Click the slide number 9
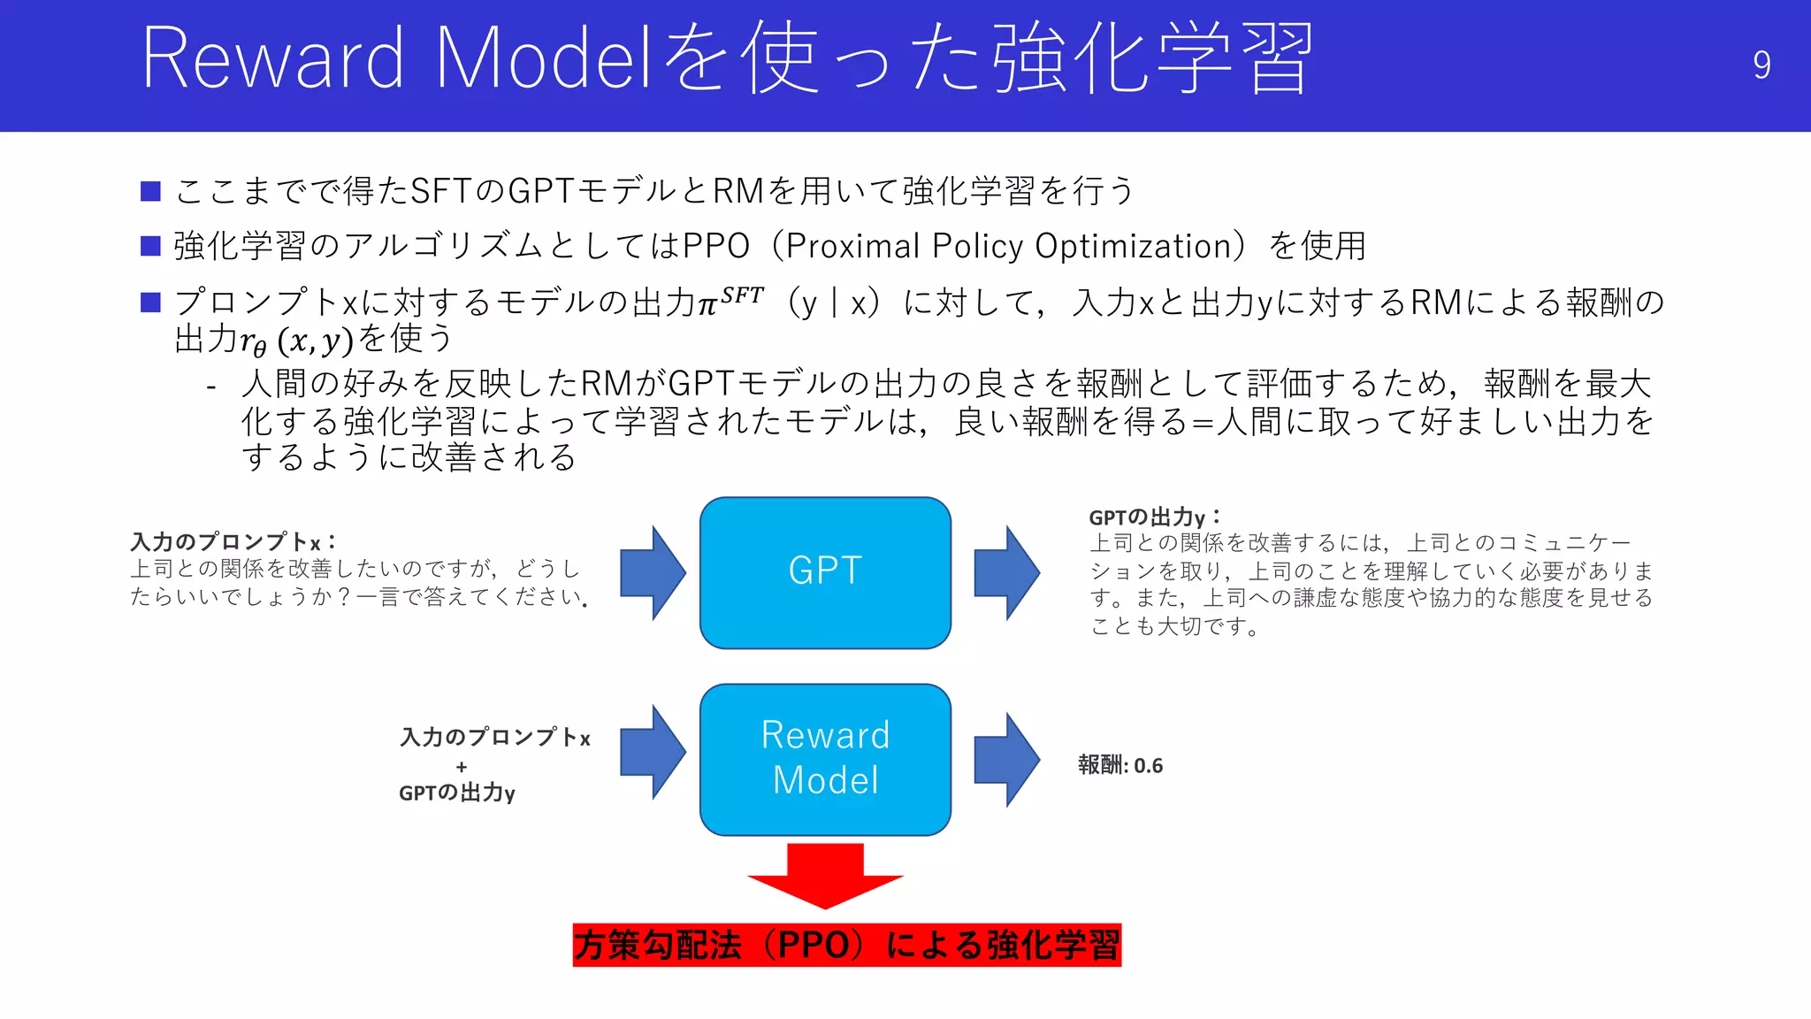pyautogui.click(x=1761, y=65)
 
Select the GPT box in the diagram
pyautogui.click(x=825, y=572)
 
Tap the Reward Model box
pyautogui.click(x=825, y=759)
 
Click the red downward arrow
pyautogui.click(x=825, y=876)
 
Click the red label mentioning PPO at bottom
pyautogui.click(x=846, y=945)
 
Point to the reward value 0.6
pyautogui.click(x=1148, y=765)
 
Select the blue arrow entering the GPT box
pyautogui.click(x=653, y=572)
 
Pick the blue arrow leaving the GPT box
pyautogui.click(x=1006, y=572)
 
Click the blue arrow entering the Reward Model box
pyautogui.click(x=653, y=752)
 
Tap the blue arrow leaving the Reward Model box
pyautogui.click(x=1006, y=760)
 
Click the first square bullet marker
pyautogui.click(x=150, y=191)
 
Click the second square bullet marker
pyautogui.click(x=150, y=246)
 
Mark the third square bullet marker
pyautogui.click(x=150, y=303)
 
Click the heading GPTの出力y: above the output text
pyautogui.click(x=1154, y=517)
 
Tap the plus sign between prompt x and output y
pyautogui.click(x=462, y=766)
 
